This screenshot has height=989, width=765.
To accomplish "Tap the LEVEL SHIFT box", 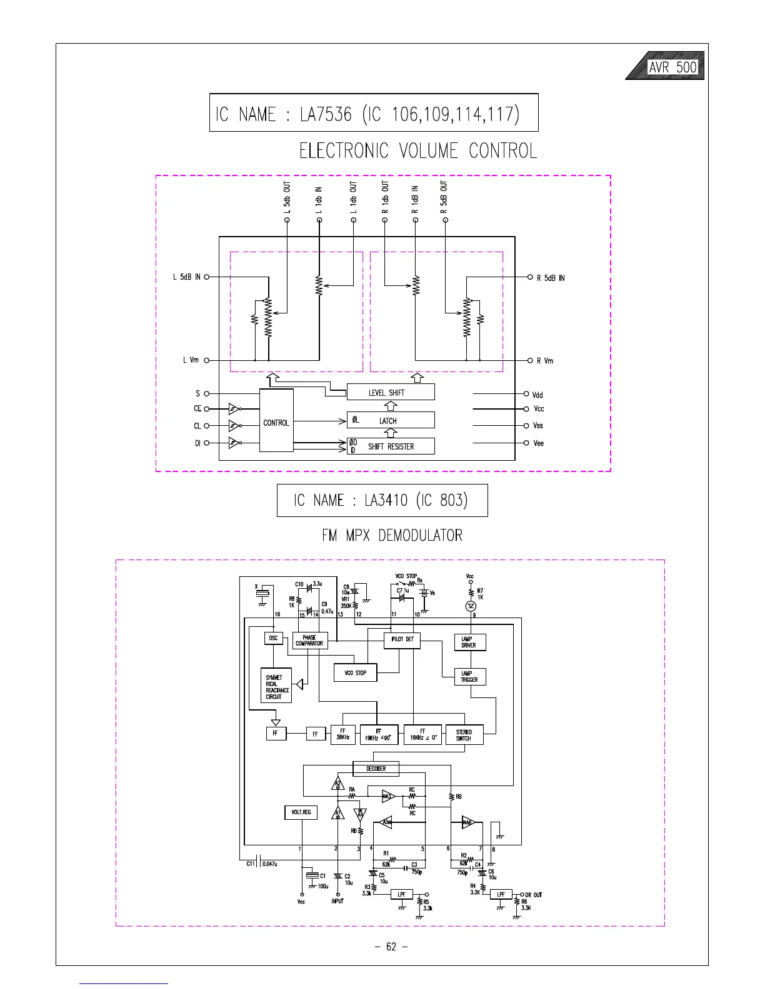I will [391, 392].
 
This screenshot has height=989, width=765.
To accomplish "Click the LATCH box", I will [391, 420].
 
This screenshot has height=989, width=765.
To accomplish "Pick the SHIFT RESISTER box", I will [391, 446].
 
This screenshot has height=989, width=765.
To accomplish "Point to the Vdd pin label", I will [537, 395].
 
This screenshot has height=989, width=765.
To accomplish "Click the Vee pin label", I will [538, 443].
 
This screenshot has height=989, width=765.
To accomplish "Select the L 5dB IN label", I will [186, 277].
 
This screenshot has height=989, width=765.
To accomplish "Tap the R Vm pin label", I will [545, 361].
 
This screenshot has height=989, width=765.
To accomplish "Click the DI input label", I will [197, 443].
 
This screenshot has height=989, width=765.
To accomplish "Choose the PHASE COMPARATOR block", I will [309, 641].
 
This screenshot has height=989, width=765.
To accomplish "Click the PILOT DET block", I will [402, 640].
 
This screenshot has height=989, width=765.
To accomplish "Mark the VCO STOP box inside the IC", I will [356, 672].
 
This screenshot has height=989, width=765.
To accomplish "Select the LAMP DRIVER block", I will [469, 642].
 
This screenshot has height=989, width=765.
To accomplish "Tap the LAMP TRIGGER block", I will [469, 677].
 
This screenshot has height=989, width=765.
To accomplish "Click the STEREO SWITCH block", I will [464, 735].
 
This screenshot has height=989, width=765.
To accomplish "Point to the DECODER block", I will [376, 769].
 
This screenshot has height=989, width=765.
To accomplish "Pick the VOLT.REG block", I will [301, 812].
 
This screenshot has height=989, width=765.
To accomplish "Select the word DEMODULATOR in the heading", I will [421, 536].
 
